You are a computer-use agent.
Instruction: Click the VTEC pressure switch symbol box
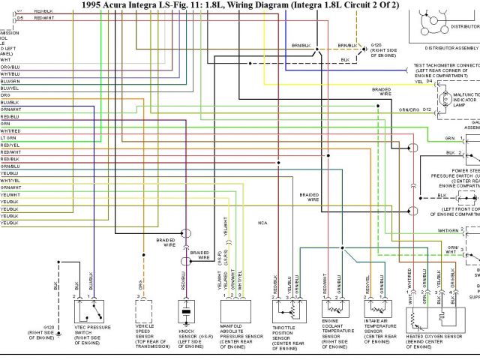tap(92, 310)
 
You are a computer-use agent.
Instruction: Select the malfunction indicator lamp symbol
tap(441, 98)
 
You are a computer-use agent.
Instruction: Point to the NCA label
tap(262, 223)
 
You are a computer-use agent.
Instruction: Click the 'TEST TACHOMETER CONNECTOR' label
tap(447, 65)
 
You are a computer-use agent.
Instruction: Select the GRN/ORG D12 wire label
tap(415, 110)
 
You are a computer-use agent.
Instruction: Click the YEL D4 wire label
tap(424, 81)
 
